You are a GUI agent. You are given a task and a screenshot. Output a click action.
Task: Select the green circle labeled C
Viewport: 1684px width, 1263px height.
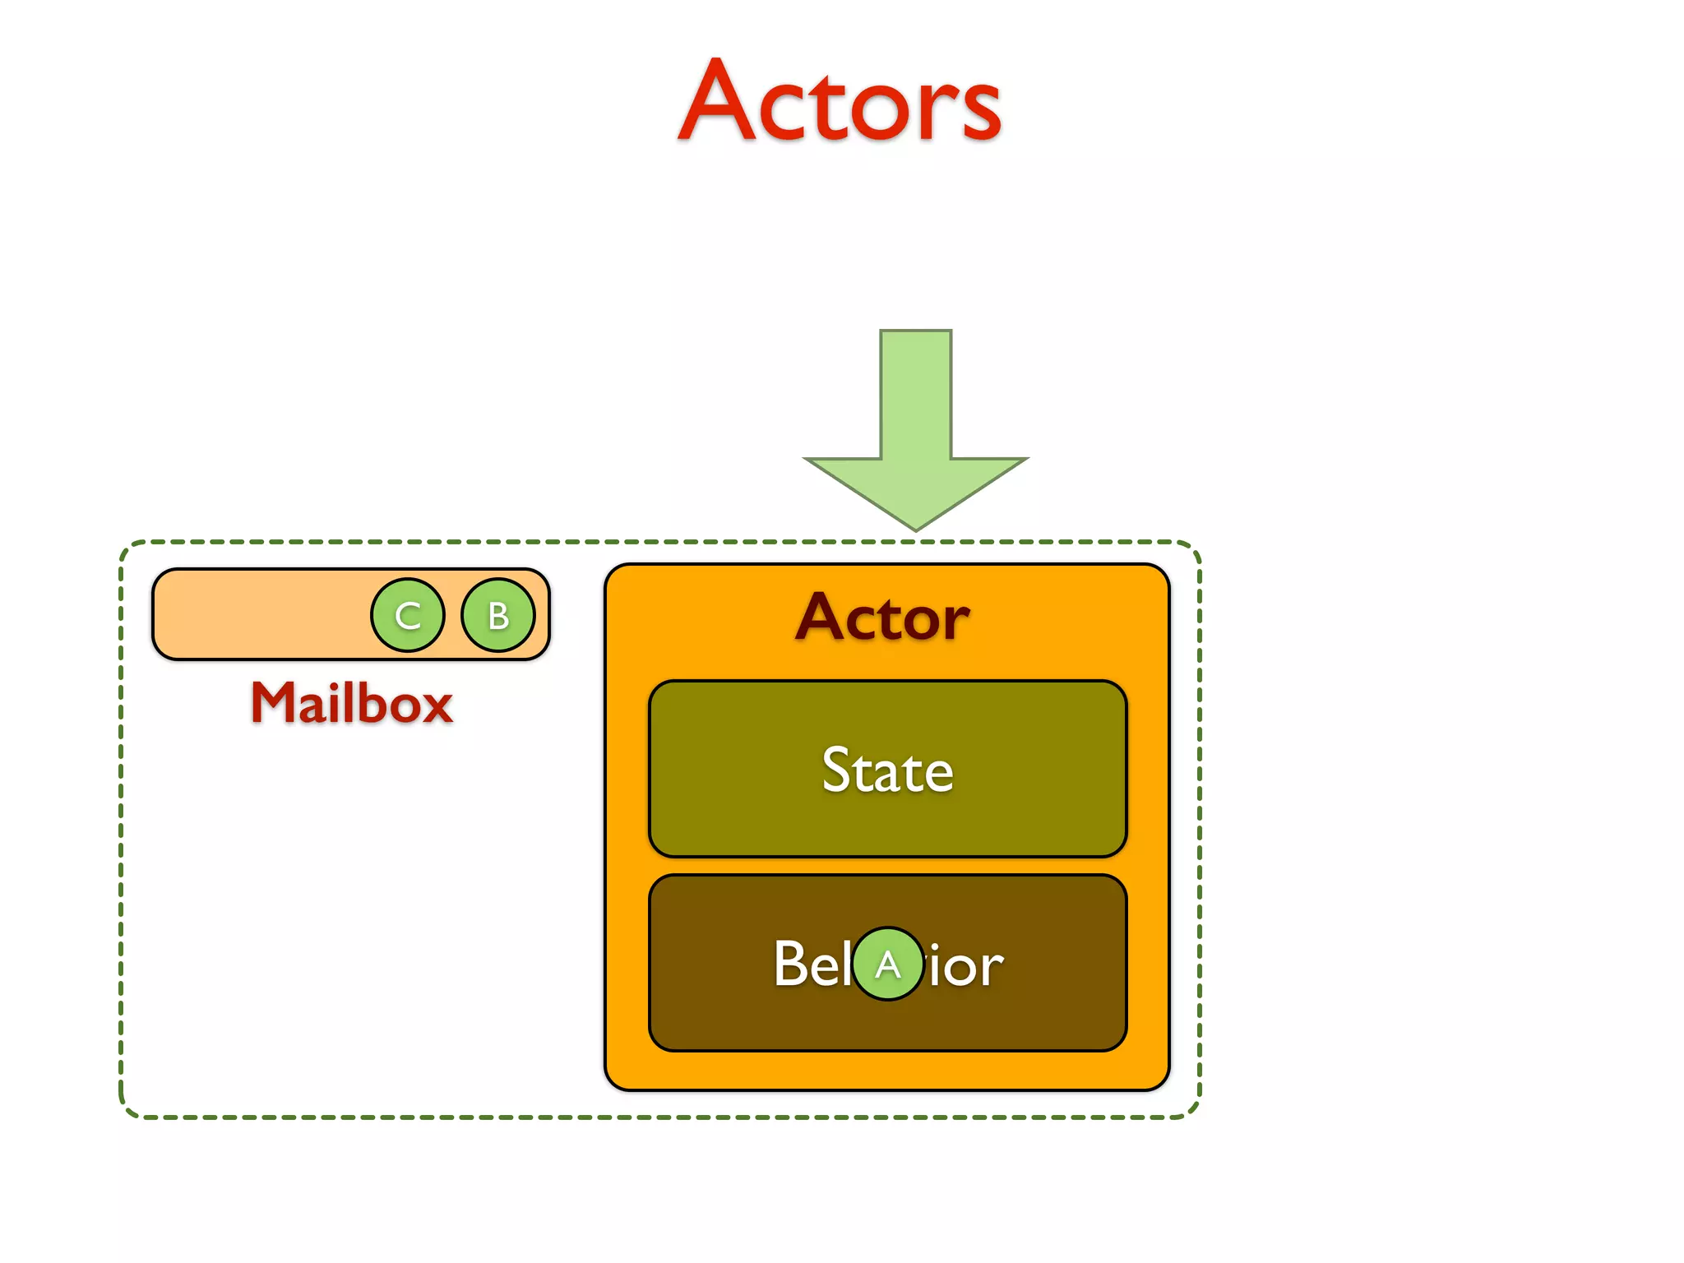[408, 615]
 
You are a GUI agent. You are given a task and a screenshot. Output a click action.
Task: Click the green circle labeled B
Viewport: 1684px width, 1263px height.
[498, 615]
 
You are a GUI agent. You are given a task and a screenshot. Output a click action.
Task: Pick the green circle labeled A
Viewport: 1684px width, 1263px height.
[888, 964]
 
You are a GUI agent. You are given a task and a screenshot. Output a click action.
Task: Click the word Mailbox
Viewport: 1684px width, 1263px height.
[352, 704]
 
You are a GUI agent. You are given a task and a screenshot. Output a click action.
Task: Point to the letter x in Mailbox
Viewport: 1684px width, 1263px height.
[433, 709]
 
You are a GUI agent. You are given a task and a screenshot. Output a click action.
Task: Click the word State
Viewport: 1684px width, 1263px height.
[888, 770]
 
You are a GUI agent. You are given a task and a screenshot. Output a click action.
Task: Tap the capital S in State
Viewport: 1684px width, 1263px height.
[838, 770]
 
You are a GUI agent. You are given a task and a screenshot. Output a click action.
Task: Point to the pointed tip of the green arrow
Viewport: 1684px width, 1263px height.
[916, 528]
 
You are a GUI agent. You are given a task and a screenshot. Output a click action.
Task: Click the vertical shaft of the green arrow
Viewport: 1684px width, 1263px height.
[916, 395]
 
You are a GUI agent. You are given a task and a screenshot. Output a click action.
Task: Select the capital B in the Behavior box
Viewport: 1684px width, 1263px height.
[790, 964]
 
